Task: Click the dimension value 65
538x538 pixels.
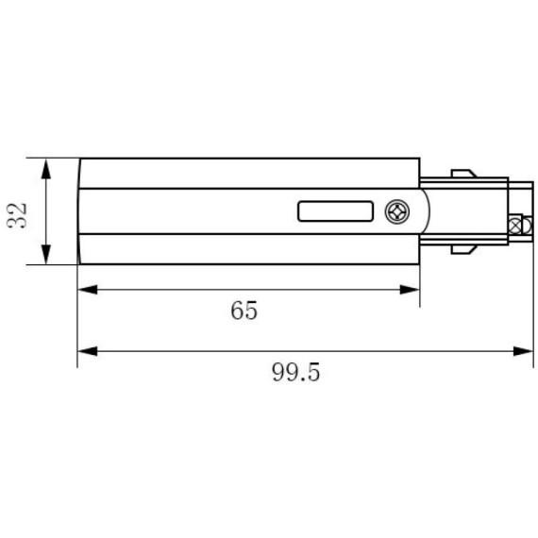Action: click(244, 311)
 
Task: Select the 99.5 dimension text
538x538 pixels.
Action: click(296, 372)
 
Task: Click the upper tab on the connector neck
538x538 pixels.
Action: click(462, 174)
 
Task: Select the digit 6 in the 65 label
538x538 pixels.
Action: click(236, 311)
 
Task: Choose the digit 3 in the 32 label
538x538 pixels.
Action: click(18, 223)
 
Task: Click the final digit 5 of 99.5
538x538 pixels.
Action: click(313, 372)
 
